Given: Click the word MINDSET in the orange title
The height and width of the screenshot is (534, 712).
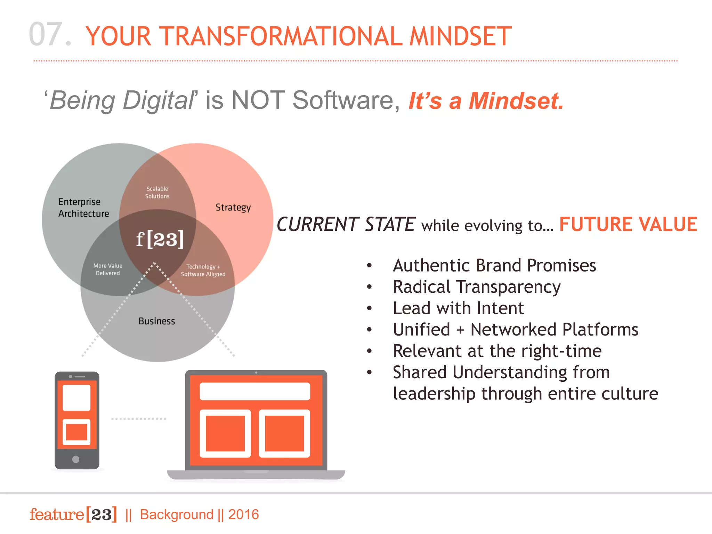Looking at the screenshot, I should [x=460, y=36].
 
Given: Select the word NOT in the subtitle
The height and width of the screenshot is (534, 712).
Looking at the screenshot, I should [x=258, y=100].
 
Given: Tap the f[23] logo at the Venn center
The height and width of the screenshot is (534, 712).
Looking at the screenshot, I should [x=160, y=239].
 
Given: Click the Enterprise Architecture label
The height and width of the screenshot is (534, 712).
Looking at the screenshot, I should [x=83, y=208].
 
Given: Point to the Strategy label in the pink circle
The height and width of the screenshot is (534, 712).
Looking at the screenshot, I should [x=233, y=208].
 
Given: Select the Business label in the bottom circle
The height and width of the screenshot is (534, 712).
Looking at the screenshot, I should [x=156, y=321].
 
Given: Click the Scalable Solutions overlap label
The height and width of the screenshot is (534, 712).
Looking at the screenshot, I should [x=157, y=193].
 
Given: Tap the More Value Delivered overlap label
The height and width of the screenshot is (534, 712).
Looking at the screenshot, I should [x=108, y=269].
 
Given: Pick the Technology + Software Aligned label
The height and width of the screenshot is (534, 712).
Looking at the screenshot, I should [x=203, y=270].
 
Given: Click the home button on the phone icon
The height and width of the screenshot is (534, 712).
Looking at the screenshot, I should [x=76, y=459].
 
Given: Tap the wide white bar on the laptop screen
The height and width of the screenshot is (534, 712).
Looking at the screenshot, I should [x=255, y=391].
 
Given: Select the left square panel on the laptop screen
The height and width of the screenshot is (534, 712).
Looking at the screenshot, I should [x=225, y=434].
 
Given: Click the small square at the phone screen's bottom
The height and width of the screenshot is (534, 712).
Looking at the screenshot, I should [x=76, y=432].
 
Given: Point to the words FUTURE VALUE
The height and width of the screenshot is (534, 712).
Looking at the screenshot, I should [x=628, y=224].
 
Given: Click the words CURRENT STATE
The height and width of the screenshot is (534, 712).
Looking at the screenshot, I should [x=346, y=225].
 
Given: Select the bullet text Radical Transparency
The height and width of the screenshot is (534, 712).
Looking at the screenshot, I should [x=477, y=287].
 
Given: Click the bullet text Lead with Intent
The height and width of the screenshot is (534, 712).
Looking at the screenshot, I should [x=458, y=308].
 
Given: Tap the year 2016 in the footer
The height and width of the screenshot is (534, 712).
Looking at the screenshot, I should [x=243, y=515].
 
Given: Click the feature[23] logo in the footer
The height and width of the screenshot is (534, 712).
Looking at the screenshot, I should [x=73, y=515].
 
